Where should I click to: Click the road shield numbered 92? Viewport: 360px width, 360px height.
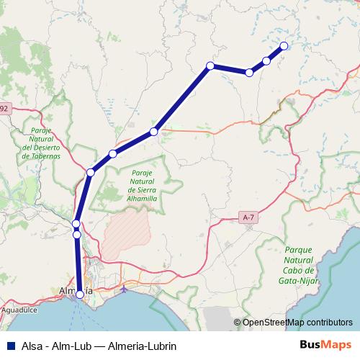click(x=4, y=108)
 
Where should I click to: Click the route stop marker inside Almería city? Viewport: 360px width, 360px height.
click(x=80, y=294)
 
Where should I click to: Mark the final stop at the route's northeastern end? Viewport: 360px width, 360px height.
click(x=283, y=45)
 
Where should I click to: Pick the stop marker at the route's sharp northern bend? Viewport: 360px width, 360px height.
click(x=210, y=66)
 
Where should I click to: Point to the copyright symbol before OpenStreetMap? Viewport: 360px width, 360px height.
click(x=237, y=323)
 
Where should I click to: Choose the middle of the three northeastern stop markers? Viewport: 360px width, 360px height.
click(x=266, y=60)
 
